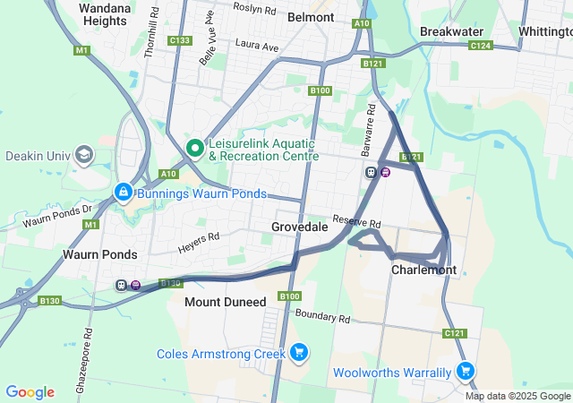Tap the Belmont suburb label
coord(311,16)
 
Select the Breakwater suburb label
coord(452,31)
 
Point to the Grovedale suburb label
coord(299,227)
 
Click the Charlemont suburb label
coord(423,270)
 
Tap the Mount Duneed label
coord(225,302)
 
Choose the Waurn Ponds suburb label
coord(99,254)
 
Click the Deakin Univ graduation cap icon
coord(85,155)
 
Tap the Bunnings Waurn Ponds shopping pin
coord(124,193)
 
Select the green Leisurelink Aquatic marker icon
coord(193,148)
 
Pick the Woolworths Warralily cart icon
coord(465,371)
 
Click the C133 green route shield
coord(180,40)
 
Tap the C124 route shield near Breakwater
coord(480,45)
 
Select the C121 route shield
coord(454,333)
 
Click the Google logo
coord(30,391)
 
